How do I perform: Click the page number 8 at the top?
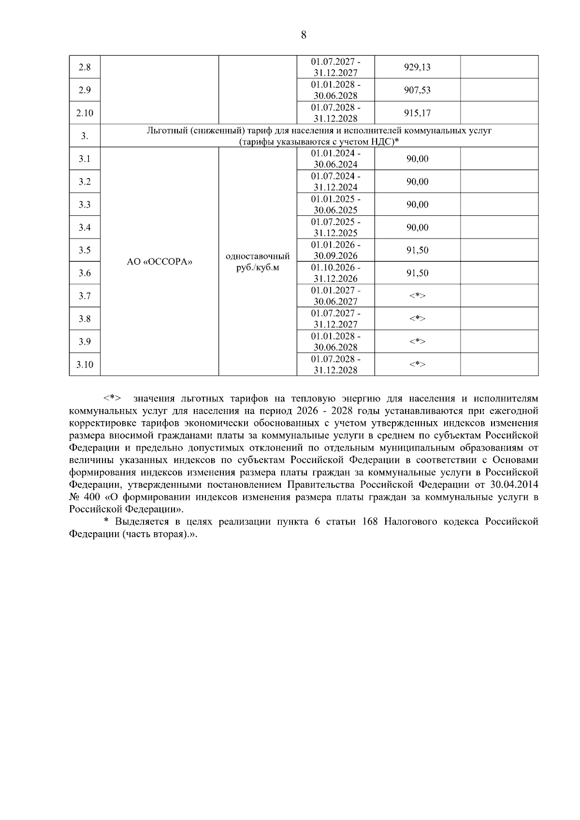point(304,35)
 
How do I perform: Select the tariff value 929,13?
point(417,67)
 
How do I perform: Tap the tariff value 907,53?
point(417,90)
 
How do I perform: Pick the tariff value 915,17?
point(417,113)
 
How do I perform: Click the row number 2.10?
point(85,113)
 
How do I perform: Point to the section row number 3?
point(85,136)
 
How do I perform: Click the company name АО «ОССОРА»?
point(159,262)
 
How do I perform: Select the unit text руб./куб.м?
point(258,268)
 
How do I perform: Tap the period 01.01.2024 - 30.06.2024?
point(335,159)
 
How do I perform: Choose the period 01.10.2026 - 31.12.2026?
point(335,273)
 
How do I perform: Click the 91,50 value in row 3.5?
point(417,250)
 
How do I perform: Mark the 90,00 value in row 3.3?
point(417,205)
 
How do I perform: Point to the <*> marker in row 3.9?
point(417,342)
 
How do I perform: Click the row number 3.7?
point(85,296)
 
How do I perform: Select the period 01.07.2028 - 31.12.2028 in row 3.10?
point(335,365)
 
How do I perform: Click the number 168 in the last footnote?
point(370,522)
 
